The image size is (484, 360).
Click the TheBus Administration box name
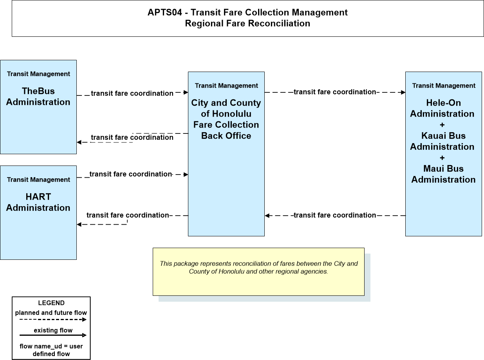click(x=38, y=96)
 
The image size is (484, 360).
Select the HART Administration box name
click(x=38, y=202)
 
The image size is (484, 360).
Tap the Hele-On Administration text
click(x=443, y=108)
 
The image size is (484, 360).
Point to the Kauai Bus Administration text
click(x=443, y=141)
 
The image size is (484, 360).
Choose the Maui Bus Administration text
click(x=443, y=174)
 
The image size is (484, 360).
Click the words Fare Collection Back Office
click(x=226, y=130)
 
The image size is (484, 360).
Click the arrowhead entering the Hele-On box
click(x=403, y=92)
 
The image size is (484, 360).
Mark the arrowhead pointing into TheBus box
click(x=79, y=142)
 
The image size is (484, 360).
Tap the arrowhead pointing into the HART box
click(x=79, y=224)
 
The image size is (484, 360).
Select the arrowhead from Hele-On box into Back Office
click(x=267, y=216)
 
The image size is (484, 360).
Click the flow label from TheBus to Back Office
click(x=132, y=93)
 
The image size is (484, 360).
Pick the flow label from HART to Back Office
click(x=130, y=174)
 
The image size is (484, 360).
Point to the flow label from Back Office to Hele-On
click(x=335, y=92)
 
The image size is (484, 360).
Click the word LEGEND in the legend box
click(x=51, y=303)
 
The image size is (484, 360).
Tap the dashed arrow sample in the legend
click(x=53, y=320)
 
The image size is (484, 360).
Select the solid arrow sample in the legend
click(x=53, y=335)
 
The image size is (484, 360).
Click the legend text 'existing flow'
click(x=53, y=330)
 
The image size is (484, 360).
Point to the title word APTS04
click(x=165, y=13)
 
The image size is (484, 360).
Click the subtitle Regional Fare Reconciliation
click(x=247, y=23)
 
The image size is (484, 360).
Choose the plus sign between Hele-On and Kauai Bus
click(x=442, y=125)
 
